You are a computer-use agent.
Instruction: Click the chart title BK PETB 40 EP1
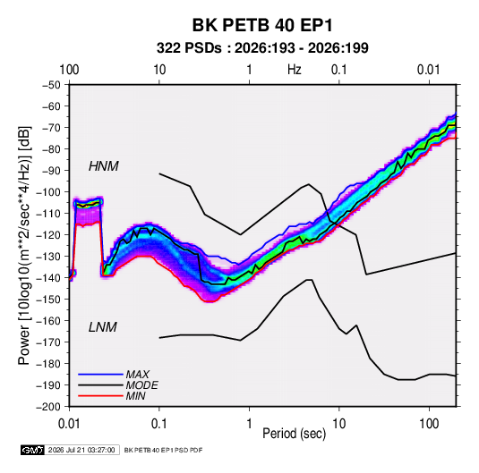click(262, 25)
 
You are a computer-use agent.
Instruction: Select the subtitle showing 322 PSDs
click(262, 48)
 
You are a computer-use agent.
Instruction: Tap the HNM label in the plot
click(104, 166)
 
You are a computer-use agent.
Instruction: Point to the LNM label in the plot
click(103, 327)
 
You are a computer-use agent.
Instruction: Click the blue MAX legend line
click(100, 375)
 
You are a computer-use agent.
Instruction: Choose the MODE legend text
click(141, 385)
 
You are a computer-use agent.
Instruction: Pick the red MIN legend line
click(100, 396)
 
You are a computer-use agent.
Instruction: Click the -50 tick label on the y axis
click(51, 85)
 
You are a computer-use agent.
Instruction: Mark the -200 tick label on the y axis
click(49, 407)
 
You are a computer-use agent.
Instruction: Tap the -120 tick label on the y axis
click(49, 235)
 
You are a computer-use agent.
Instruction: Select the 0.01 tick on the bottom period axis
click(69, 424)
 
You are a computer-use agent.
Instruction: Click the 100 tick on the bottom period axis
click(429, 424)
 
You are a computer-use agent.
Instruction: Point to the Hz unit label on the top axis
click(295, 70)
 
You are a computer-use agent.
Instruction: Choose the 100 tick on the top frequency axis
click(69, 70)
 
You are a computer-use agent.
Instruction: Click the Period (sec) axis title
click(295, 434)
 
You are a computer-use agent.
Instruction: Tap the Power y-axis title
click(24, 245)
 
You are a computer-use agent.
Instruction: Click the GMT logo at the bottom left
click(32, 450)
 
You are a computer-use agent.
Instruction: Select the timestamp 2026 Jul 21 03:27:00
click(81, 450)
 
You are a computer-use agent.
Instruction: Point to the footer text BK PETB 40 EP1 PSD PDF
click(163, 450)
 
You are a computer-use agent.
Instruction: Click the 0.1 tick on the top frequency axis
click(339, 70)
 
